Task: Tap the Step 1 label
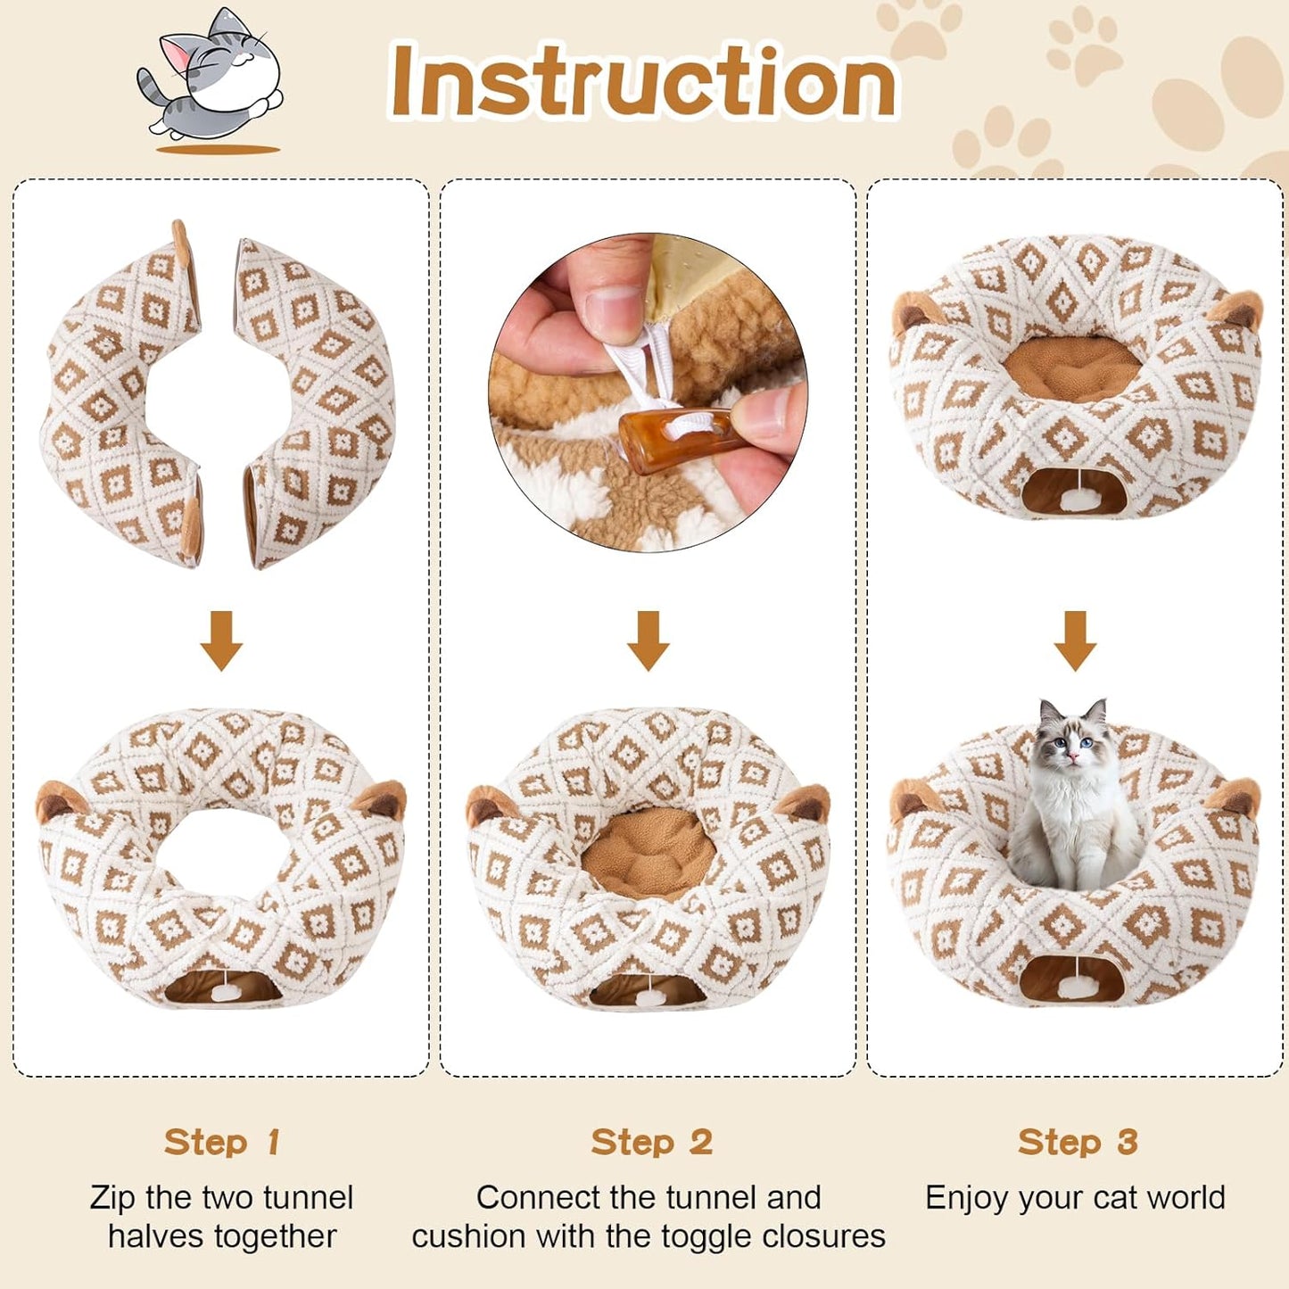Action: [221, 1142]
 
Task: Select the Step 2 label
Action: [650, 1142]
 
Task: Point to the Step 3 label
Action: [1077, 1142]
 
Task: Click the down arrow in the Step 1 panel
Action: [221, 640]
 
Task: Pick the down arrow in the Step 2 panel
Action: [649, 640]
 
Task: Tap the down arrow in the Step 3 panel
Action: [1075, 640]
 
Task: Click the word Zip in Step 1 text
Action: [113, 1197]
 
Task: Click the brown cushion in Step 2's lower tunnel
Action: [649, 852]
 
